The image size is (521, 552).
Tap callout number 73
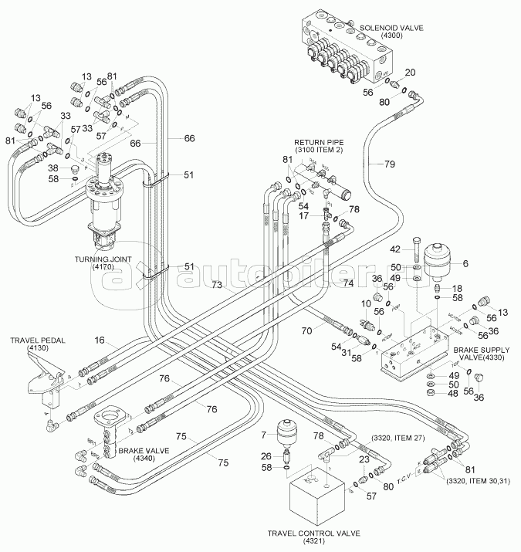coord(218,286)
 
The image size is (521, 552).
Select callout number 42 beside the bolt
coord(394,249)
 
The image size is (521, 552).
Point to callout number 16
coord(100,340)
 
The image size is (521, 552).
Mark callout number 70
coord(306,330)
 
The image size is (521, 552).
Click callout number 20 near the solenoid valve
coord(410,72)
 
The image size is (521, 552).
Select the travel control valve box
coord(315,498)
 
